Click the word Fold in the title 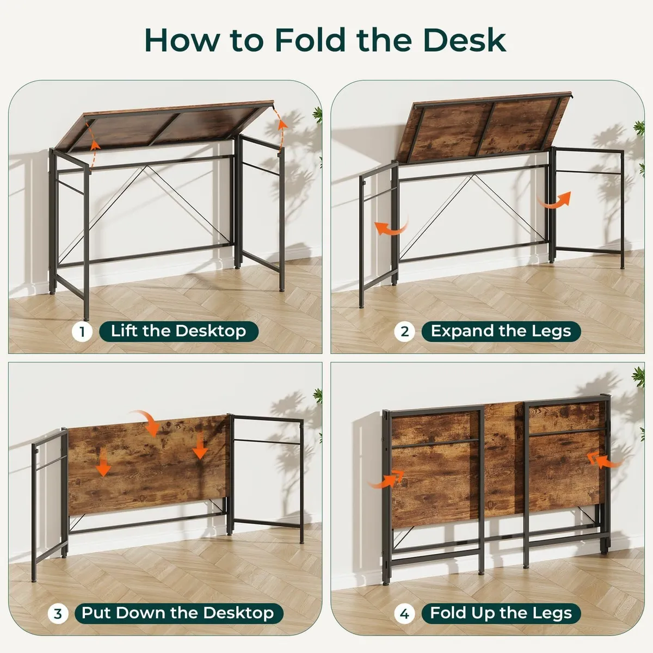click(x=311, y=40)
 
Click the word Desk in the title click(x=464, y=40)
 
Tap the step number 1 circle click(x=82, y=331)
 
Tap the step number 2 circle click(x=404, y=331)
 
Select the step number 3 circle click(x=58, y=614)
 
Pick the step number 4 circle click(x=404, y=614)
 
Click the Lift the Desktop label click(x=178, y=331)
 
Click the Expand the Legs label click(x=501, y=331)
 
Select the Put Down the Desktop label click(x=178, y=613)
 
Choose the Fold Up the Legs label click(x=501, y=613)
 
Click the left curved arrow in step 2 click(x=391, y=227)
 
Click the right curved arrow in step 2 click(x=555, y=200)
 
